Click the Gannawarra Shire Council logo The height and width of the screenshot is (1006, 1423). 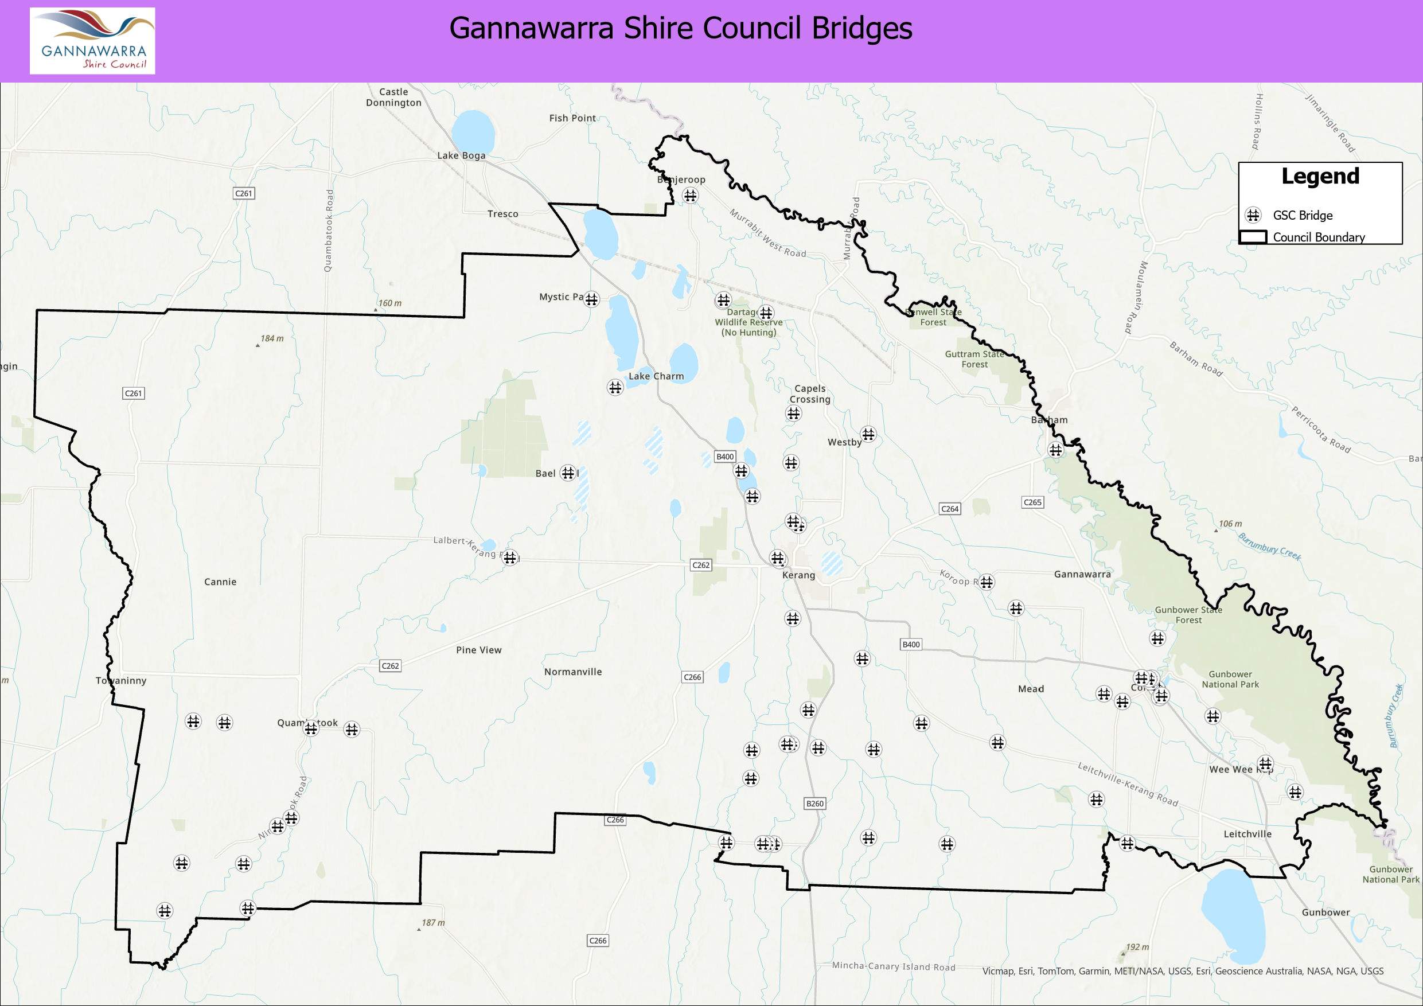tap(92, 41)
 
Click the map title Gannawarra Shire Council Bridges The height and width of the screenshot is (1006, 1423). tap(680, 29)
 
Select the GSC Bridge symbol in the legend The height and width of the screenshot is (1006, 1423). tap(1253, 215)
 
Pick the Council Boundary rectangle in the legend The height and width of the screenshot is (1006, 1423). tap(1253, 237)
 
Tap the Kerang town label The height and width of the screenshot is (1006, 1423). tap(798, 575)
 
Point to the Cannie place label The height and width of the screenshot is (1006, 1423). tap(220, 582)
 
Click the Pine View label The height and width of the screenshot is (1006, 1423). tap(478, 650)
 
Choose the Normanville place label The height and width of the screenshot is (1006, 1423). tap(572, 672)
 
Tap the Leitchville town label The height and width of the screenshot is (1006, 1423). tap(1247, 835)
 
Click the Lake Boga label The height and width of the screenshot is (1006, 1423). tap(461, 155)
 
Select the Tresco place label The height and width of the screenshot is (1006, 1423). tap(502, 214)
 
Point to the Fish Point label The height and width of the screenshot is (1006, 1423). tap(572, 118)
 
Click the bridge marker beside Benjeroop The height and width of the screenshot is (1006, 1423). tap(690, 195)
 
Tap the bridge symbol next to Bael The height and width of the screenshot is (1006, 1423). tap(568, 473)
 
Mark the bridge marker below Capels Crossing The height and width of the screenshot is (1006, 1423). tap(793, 414)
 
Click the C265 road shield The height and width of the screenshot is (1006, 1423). tap(1032, 502)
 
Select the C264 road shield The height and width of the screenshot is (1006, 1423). tap(949, 509)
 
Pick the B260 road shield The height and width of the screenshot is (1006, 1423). tap(814, 804)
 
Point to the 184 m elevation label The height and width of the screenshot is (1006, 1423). tap(271, 338)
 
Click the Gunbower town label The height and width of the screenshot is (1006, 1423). tap(1325, 913)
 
